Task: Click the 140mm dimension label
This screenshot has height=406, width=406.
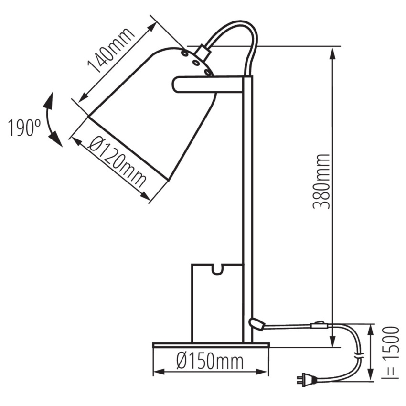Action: tap(111, 50)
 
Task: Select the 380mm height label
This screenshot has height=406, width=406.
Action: tap(321, 181)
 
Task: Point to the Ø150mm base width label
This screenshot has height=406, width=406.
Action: tap(210, 361)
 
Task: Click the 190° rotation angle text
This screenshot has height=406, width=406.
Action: tap(24, 128)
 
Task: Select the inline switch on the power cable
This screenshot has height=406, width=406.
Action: tap(319, 325)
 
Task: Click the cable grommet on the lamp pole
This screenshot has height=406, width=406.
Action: tap(256, 324)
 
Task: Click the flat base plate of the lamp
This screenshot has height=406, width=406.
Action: tap(211, 345)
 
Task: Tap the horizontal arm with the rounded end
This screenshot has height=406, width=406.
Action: tap(208, 84)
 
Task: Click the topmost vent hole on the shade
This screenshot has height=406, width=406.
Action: tap(185, 53)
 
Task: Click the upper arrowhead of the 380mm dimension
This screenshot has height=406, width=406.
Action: tap(333, 54)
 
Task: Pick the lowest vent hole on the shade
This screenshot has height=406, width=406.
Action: tap(208, 72)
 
